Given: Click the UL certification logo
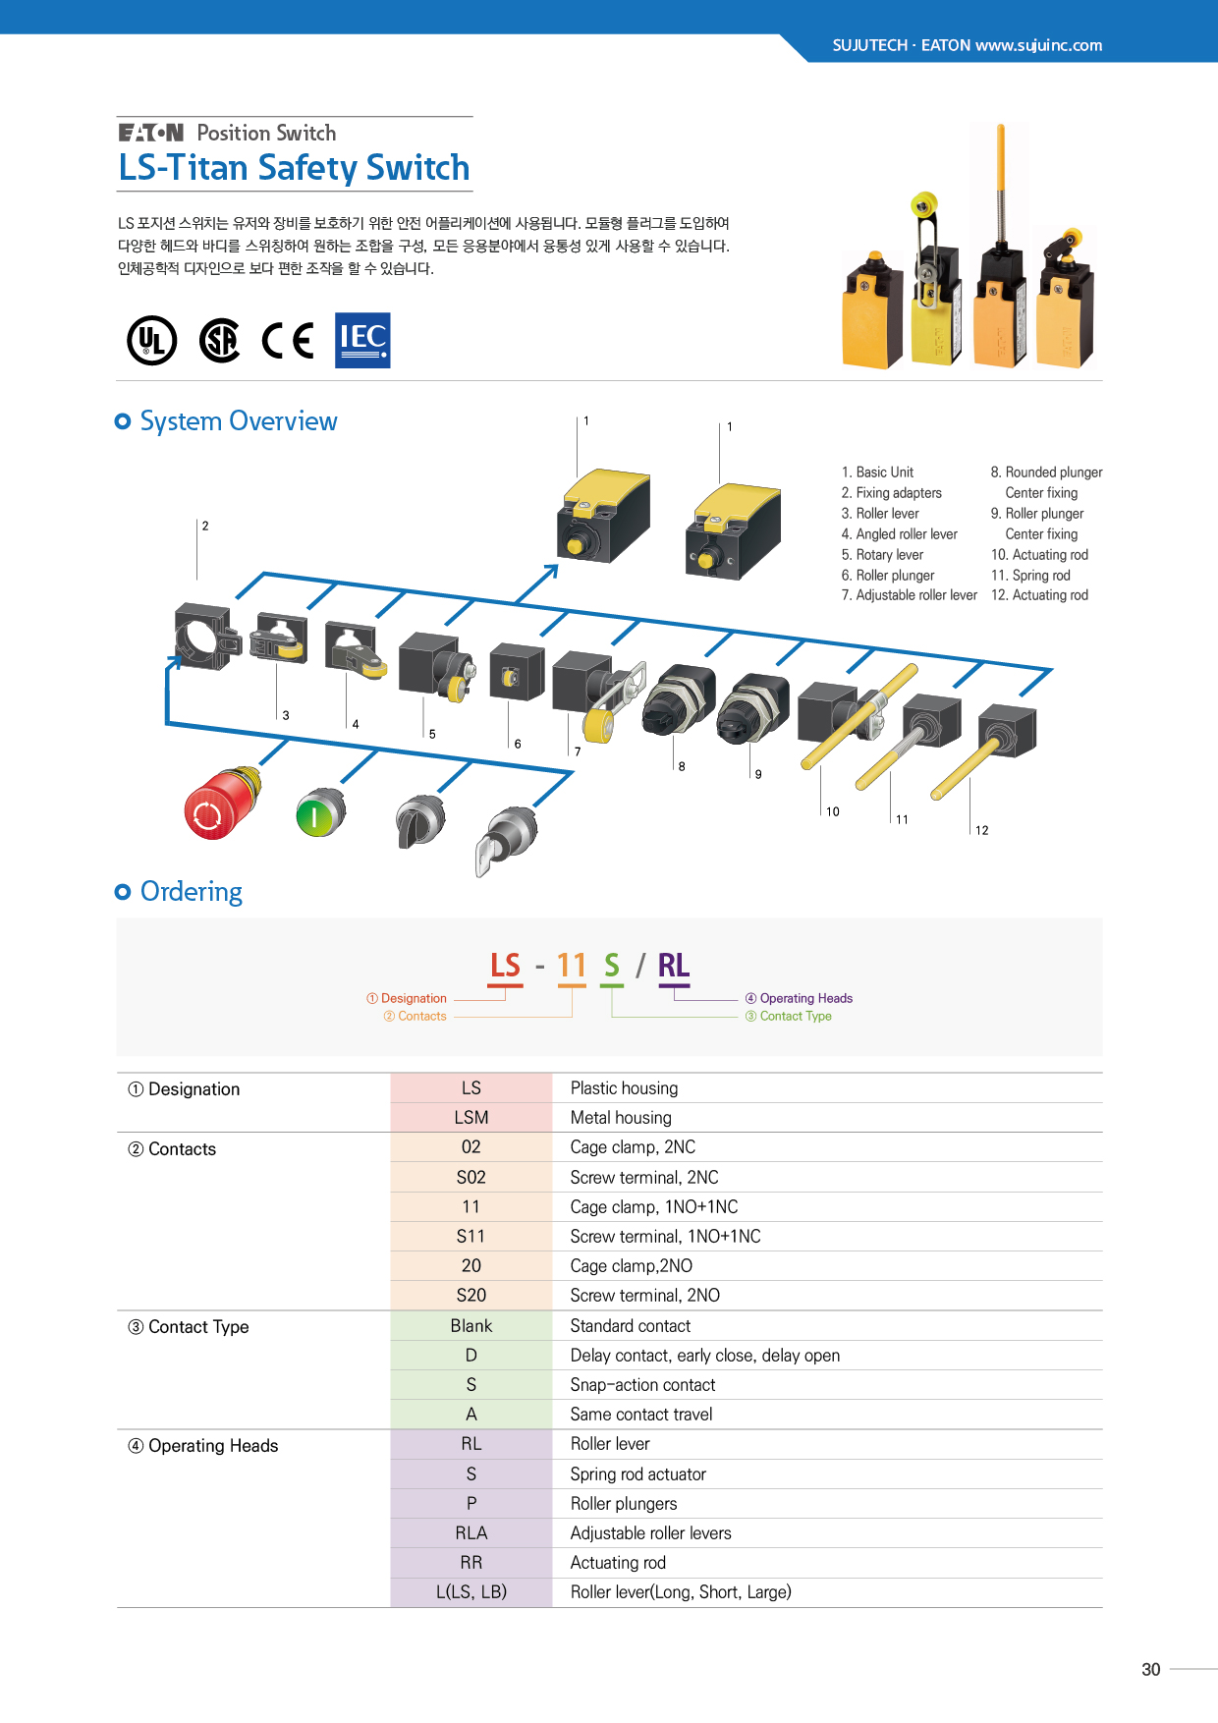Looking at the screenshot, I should point(152,341).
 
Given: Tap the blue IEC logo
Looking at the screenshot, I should point(362,340).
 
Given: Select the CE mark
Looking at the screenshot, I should point(288,341).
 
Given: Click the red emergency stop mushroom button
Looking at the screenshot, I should point(220,805).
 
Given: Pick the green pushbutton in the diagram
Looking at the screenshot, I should point(319,813).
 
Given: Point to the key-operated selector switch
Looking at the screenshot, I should point(508,837).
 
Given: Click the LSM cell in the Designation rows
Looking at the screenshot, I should point(471,1118).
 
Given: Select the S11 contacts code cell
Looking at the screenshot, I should point(471,1237).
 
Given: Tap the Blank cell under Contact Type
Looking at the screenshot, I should point(471,1326).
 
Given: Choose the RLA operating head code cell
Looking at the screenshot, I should point(471,1533).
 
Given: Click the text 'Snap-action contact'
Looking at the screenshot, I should point(642,1385).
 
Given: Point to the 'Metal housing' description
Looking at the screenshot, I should point(621,1118).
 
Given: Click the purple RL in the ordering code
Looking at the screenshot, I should point(674,966).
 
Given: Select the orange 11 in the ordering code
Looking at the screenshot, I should point(572,966).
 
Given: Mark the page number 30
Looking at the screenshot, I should point(1151,1669).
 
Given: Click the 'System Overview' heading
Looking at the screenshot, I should point(239,421).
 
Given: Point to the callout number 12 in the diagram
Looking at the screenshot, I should point(982,830).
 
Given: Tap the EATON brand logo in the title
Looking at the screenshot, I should point(151,133).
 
